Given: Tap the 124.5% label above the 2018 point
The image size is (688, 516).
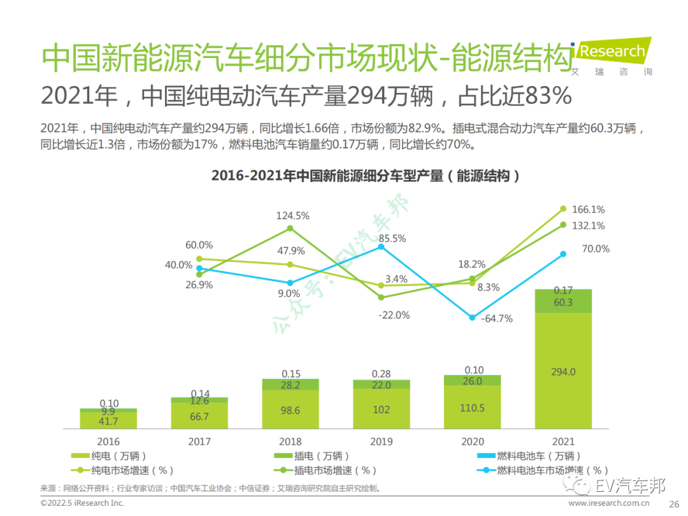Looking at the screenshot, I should [292, 215].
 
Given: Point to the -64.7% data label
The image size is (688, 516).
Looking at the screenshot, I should [496, 319].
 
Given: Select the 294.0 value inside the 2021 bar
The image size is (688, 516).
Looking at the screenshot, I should [563, 371].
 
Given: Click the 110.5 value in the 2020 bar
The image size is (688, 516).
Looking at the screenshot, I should [472, 408].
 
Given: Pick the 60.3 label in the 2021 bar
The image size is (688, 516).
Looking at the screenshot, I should [563, 302].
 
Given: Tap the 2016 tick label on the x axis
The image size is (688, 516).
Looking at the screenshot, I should [108, 441].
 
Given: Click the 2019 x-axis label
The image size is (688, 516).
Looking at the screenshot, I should [381, 441].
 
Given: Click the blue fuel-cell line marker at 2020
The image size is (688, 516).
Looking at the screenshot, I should [472, 317].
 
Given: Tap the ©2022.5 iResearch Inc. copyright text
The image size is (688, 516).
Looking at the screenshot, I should [82, 503].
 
